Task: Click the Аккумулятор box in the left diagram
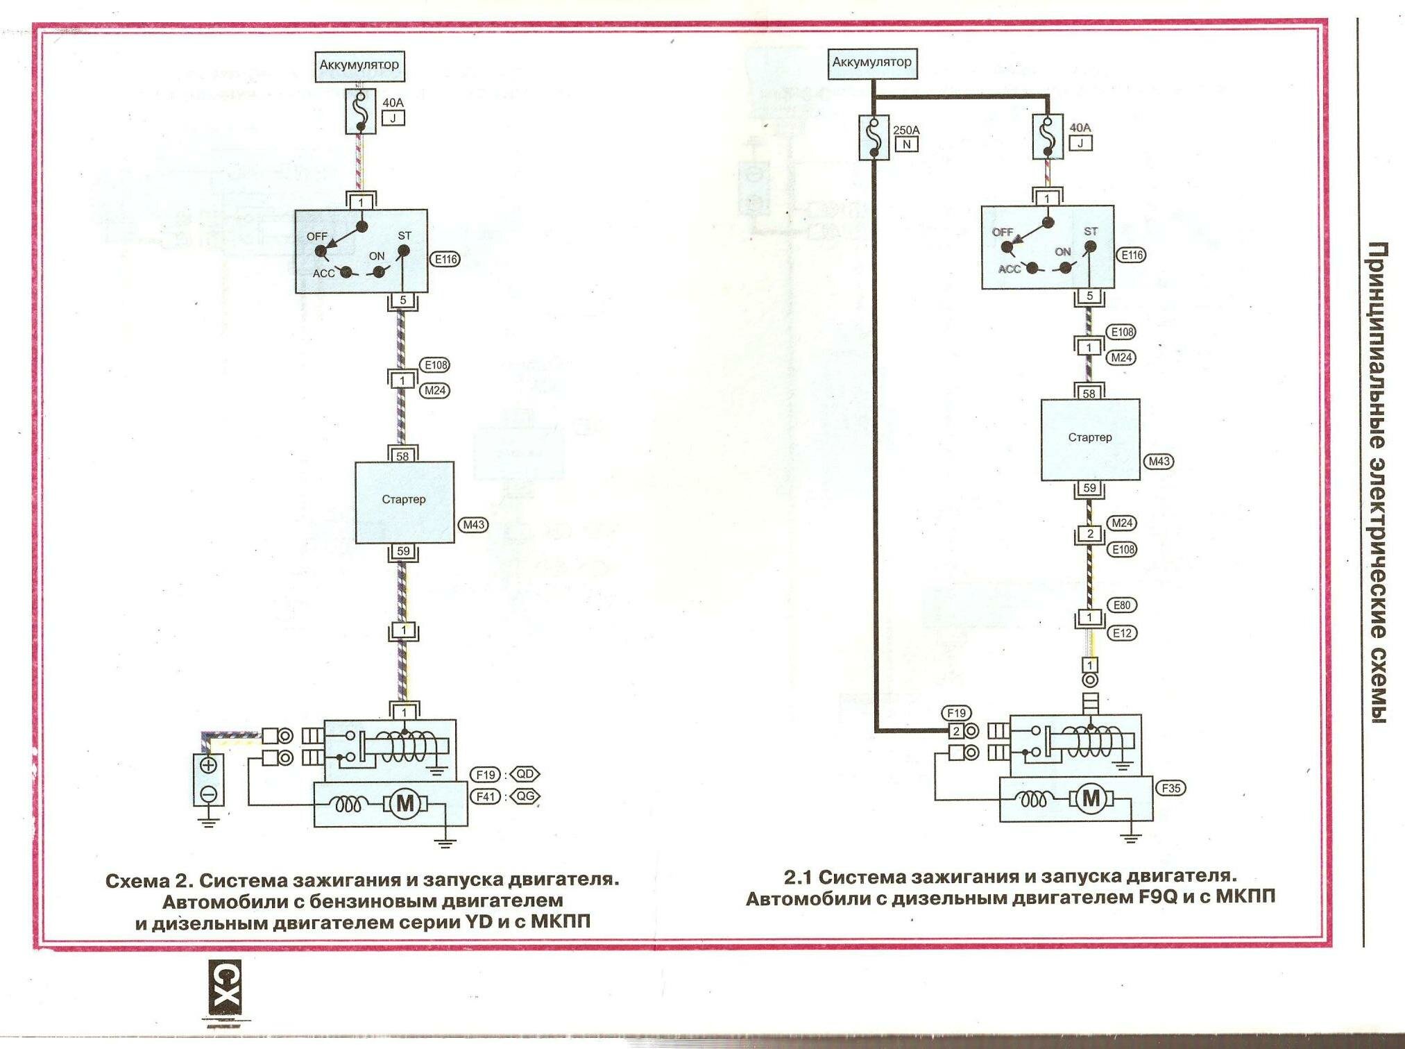(x=359, y=66)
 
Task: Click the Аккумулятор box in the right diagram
(x=871, y=63)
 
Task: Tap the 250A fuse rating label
(x=905, y=130)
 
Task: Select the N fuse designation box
(x=906, y=144)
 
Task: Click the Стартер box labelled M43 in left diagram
(x=405, y=501)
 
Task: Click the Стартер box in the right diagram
(x=1089, y=439)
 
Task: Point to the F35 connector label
(x=1170, y=788)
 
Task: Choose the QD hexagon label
(x=525, y=774)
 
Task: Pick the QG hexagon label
(x=525, y=796)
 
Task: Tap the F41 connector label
(x=486, y=796)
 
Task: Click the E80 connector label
(x=1122, y=605)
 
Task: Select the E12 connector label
(x=1122, y=633)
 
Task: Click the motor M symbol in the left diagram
(x=405, y=804)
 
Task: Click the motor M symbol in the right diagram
(x=1091, y=798)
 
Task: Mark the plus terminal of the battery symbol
(x=208, y=765)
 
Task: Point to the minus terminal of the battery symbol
(x=208, y=794)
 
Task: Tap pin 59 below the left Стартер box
(x=403, y=552)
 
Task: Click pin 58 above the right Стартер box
(x=1089, y=394)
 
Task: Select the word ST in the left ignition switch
(x=405, y=236)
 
